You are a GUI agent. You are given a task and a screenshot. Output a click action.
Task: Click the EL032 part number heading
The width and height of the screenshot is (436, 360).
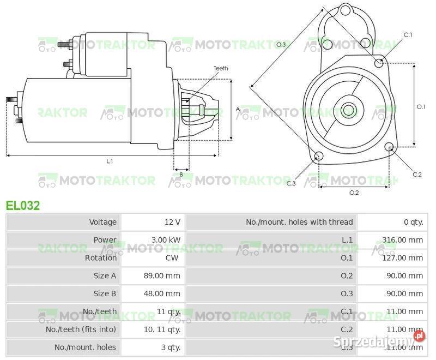[x=23, y=206]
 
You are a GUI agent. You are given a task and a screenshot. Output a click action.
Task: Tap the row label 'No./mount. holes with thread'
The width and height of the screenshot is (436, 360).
[x=299, y=222]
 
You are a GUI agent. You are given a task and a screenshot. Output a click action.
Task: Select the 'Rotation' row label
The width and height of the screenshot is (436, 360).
[x=101, y=258]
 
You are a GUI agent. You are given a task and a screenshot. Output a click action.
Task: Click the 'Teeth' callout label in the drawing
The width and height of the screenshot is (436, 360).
[x=221, y=68]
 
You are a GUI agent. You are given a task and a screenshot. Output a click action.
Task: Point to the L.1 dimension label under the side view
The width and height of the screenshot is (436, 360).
[x=110, y=161]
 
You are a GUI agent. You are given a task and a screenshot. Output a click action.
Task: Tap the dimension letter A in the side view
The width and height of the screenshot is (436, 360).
[x=238, y=109]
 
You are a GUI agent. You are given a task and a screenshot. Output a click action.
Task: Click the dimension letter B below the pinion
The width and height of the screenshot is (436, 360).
[x=181, y=175]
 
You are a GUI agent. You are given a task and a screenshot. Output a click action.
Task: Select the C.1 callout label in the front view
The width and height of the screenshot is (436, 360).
[x=408, y=35]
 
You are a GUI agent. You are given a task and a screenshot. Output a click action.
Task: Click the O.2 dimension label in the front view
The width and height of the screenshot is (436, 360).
[x=354, y=193]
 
